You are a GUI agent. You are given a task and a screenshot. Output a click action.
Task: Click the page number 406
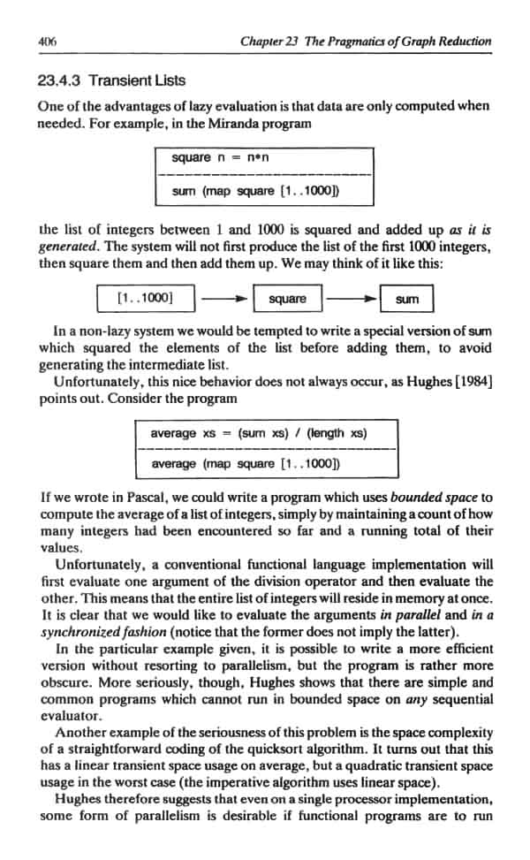click(x=48, y=42)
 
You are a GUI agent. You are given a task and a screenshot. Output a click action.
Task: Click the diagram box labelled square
click(x=287, y=300)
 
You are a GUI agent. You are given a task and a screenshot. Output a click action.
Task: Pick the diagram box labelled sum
click(x=408, y=300)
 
